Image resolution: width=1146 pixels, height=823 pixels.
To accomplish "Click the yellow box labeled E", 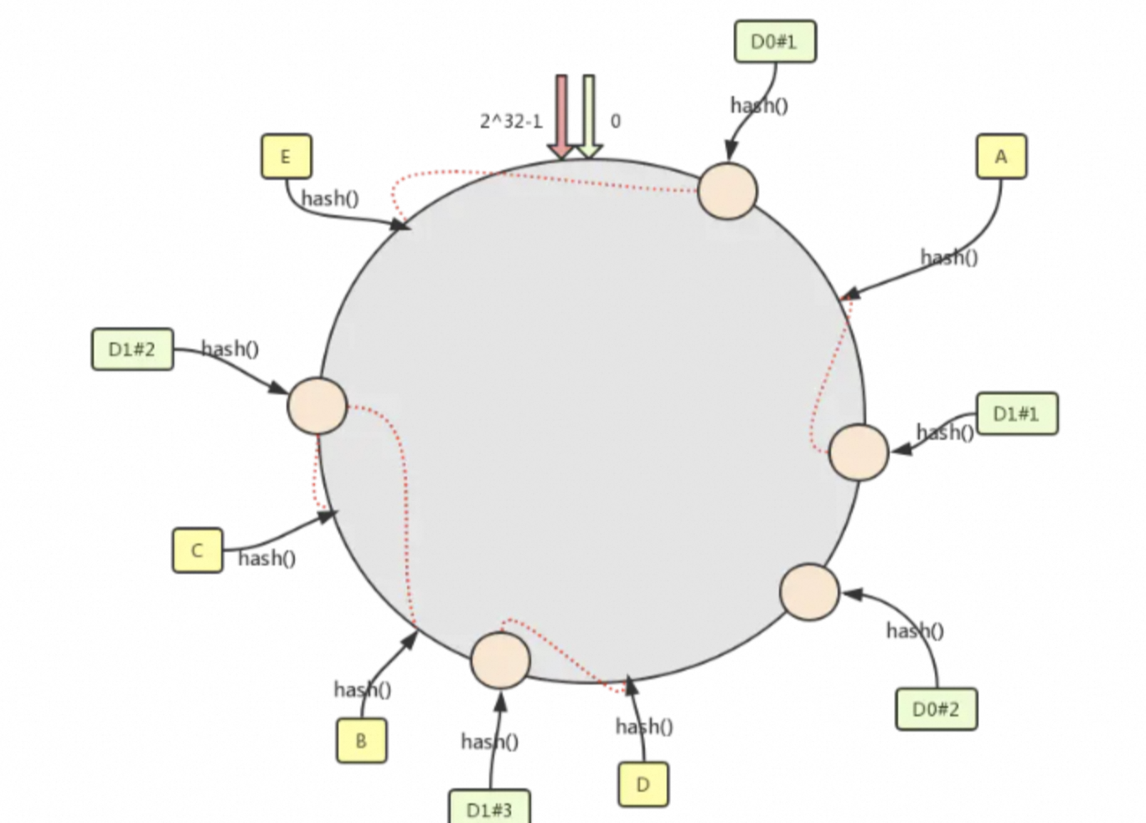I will point(286,157).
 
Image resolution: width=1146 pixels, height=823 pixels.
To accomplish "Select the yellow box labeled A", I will point(1001,157).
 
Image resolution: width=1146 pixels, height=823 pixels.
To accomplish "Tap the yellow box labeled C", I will point(197,551).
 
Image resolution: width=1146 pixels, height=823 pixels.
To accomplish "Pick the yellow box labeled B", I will point(361,741).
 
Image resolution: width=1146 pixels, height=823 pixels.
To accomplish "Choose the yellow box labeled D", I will point(643,784).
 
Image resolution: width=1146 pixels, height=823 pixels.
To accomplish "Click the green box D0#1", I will point(775,42).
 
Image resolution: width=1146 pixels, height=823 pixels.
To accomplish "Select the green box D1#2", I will point(132,349).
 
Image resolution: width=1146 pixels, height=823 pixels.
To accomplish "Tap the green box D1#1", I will point(1016,413).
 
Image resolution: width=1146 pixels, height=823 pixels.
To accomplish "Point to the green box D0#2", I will point(936,709).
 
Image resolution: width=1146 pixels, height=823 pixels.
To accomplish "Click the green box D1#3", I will point(489,808).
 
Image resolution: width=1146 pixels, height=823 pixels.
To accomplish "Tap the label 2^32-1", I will point(511,122).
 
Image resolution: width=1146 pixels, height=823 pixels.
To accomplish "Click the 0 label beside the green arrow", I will point(616,122).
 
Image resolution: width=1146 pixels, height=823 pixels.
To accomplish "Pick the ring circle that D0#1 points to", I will point(727,191).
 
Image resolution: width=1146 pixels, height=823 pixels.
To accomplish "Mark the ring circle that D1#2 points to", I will point(317,406).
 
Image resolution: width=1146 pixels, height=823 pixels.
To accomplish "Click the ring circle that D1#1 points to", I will point(859,452).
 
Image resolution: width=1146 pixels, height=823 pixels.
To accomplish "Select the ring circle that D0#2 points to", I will point(809,592).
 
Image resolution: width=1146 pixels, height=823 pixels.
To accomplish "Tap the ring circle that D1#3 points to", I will point(500,660).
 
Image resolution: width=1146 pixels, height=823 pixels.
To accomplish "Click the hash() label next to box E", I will point(329,199).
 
